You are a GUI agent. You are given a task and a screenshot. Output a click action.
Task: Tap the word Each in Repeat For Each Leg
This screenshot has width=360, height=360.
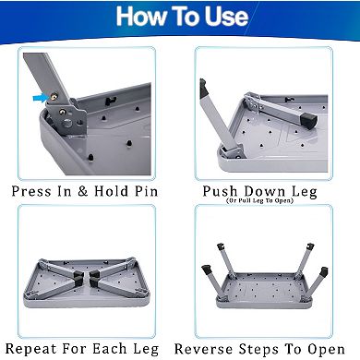(x=114, y=348)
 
